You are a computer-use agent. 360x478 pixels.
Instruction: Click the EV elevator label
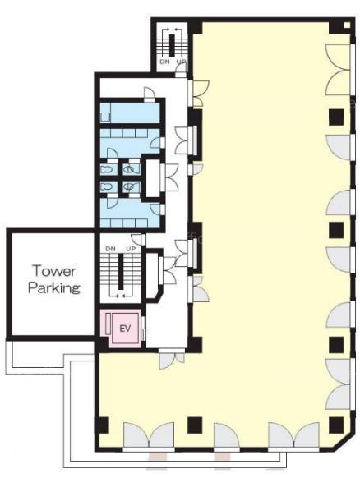pos(125,329)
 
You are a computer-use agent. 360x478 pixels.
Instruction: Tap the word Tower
pos(54,271)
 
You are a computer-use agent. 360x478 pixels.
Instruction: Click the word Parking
pos(54,287)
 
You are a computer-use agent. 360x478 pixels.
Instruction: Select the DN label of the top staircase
pos(164,62)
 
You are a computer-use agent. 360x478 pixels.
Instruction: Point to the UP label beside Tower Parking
pos(131,249)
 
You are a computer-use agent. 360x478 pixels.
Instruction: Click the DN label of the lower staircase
pos(110,249)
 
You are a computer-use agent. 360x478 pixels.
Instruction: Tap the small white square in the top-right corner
pos(347,25)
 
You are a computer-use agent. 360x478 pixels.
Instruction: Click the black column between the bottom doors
pos(195,425)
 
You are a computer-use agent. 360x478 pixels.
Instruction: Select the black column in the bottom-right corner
pos(336,425)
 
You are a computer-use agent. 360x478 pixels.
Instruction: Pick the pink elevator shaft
pos(122,329)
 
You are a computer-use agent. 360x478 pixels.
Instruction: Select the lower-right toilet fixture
pos(129,186)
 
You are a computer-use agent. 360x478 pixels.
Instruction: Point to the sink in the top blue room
pos(105,117)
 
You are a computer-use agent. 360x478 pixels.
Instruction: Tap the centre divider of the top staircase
pos(172,46)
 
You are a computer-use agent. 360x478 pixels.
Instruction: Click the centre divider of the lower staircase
pos(121,272)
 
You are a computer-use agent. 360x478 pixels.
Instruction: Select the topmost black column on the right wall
pos(336,117)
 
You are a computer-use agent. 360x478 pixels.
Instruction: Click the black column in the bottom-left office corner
pos(102,425)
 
